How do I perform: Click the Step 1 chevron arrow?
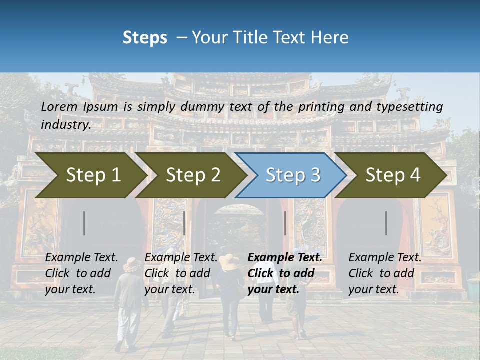click(93, 175)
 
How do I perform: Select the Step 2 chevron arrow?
click(193, 175)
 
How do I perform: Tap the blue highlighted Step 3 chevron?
click(293, 175)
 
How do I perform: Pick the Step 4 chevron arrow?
click(393, 175)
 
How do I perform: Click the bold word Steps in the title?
click(145, 38)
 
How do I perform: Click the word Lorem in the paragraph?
click(59, 106)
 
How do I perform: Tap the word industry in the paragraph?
click(65, 124)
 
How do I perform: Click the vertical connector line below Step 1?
click(84, 223)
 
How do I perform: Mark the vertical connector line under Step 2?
click(184, 223)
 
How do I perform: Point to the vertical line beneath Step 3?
click(285, 223)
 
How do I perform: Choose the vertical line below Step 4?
click(386, 223)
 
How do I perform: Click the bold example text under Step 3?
click(284, 273)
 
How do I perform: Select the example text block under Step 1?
click(81, 273)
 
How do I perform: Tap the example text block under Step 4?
click(384, 273)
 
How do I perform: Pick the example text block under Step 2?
click(181, 273)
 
